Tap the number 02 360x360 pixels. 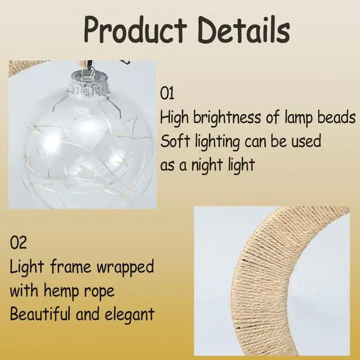19,243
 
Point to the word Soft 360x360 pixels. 174,141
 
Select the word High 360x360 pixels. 174,118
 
